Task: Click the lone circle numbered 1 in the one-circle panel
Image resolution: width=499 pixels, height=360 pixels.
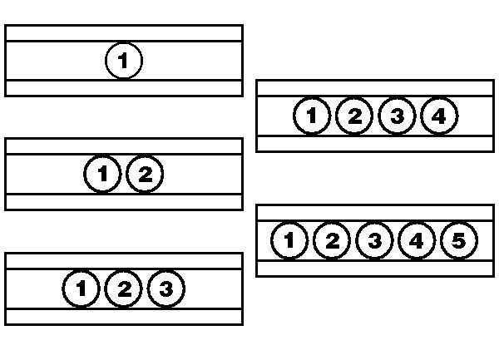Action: tap(124, 61)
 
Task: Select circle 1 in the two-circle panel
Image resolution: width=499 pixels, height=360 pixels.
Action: tap(102, 174)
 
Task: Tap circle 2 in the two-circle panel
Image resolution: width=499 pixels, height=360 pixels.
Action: tap(145, 174)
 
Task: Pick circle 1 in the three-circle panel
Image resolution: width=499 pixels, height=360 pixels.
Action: tap(82, 288)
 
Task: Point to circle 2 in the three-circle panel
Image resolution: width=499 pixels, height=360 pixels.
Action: tap(123, 288)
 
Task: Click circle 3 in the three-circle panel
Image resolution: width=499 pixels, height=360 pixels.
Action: tap(166, 288)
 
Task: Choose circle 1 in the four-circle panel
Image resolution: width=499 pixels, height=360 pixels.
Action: tap(312, 116)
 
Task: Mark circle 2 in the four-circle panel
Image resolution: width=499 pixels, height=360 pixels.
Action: tap(354, 116)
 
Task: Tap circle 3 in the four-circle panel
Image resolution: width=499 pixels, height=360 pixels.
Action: tap(397, 116)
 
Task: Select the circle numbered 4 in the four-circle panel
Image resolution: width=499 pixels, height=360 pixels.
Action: tap(439, 116)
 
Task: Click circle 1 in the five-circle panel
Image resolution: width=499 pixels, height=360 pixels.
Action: tap(289, 240)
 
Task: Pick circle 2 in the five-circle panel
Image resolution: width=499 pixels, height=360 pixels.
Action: tap(332, 240)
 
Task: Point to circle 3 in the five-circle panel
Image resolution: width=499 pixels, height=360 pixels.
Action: tap(374, 240)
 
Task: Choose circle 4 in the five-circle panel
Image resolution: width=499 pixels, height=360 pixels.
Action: tap(417, 240)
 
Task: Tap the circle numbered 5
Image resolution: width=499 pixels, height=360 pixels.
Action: tap(459, 240)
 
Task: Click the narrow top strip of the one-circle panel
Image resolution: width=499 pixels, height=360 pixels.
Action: tap(124, 33)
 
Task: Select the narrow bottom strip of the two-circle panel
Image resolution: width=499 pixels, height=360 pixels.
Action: tap(124, 202)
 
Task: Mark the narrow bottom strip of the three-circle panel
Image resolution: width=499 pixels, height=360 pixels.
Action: tap(124, 317)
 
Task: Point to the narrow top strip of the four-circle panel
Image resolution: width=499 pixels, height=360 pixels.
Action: tap(375, 88)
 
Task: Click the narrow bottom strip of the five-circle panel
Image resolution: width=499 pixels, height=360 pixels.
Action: tap(375, 269)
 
